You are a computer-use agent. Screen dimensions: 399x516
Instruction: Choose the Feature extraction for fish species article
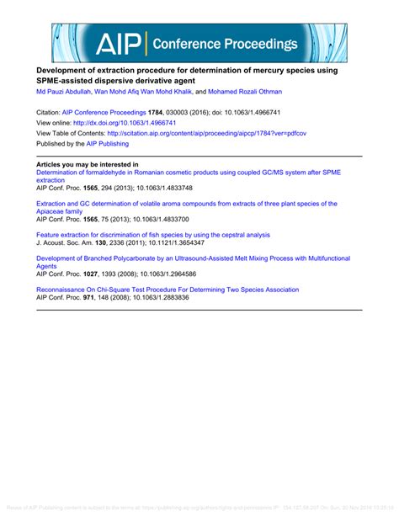coord(152,235)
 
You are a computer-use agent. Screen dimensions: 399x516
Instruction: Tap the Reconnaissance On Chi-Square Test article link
coord(167,290)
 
